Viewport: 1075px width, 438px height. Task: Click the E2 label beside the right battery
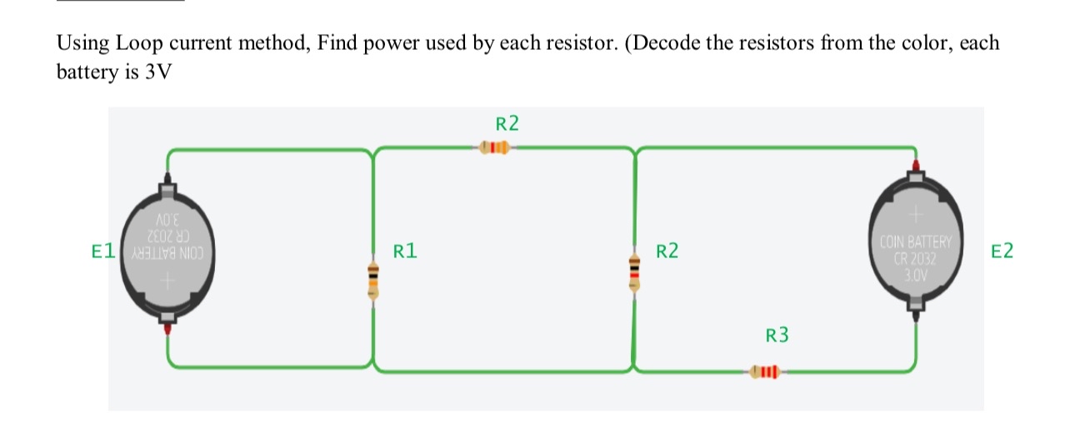click(x=1002, y=251)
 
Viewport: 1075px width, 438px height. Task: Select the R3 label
click(x=776, y=336)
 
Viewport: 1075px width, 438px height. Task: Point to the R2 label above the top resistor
click(x=507, y=125)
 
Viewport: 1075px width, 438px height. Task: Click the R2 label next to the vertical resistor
click(x=667, y=251)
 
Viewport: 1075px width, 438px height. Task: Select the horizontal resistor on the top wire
click(x=495, y=149)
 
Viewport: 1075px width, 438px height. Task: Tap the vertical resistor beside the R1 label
click(x=373, y=278)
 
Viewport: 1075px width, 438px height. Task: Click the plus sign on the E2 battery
click(x=915, y=214)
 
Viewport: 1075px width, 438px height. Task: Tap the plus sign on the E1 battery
click(x=167, y=283)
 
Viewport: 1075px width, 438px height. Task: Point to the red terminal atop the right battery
click(x=916, y=167)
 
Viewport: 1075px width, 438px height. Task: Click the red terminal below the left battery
click(x=167, y=330)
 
